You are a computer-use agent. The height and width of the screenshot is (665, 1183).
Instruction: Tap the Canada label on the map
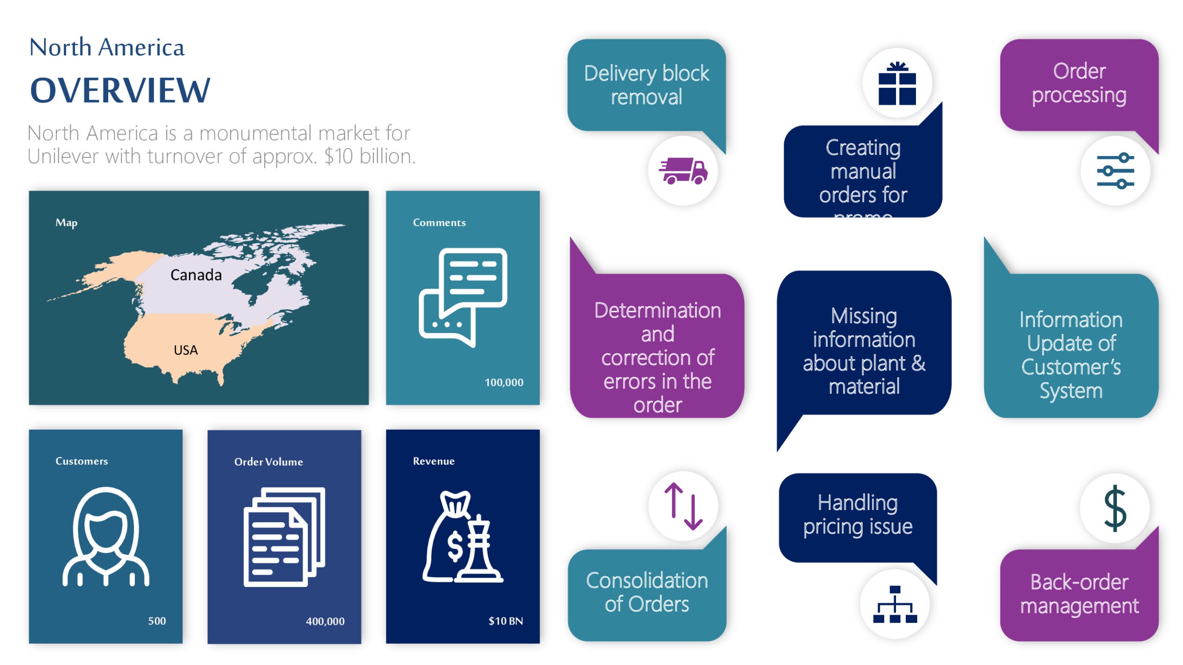pos(196,275)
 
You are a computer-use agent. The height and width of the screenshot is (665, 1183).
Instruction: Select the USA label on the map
pos(186,350)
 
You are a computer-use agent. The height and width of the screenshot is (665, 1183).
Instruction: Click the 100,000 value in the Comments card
pos(504,382)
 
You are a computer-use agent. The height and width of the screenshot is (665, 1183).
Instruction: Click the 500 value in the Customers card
pos(157,621)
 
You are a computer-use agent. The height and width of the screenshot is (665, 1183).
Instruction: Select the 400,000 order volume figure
pos(325,621)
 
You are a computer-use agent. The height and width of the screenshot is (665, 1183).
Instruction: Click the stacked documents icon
pos(284,537)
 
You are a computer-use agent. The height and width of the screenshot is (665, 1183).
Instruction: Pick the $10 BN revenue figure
pos(506,621)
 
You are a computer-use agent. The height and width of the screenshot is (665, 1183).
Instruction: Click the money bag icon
pos(462,537)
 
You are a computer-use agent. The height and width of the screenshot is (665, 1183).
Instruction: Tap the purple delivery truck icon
pos(683,171)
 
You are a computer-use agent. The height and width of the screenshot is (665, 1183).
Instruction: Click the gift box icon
pos(897,84)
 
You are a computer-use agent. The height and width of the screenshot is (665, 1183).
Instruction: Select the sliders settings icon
pos(1115,171)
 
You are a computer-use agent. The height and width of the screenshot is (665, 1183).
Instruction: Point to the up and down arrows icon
pos(683,506)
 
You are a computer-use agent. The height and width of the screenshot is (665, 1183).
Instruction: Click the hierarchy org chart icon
pos(895,604)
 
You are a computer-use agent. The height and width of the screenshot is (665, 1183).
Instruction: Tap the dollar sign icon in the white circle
pos(1115,508)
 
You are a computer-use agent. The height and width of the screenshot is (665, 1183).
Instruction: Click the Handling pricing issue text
pos(858,514)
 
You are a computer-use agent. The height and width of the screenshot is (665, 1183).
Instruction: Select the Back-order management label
pos(1079,594)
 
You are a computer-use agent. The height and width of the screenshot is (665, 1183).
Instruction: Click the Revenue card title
pos(433,461)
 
